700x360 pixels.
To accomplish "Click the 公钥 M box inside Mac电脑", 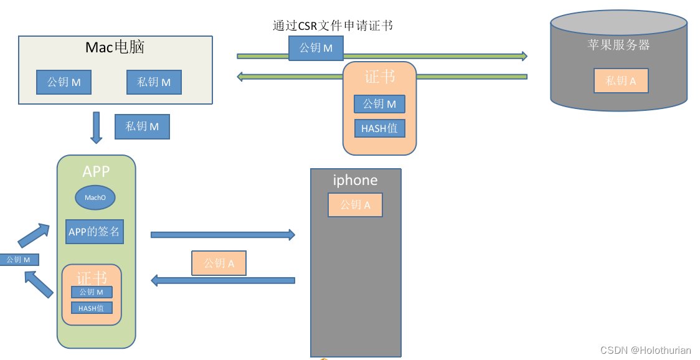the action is pos(64,82).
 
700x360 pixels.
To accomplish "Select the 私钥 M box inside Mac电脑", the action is pos(154,82).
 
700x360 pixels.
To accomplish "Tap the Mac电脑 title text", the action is pos(115,47).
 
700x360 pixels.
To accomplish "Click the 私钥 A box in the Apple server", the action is pos(620,81).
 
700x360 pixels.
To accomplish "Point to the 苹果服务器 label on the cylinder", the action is pos(618,45).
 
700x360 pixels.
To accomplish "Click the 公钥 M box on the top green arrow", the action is pos(316,48).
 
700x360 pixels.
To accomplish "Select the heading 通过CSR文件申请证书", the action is pos(333,26).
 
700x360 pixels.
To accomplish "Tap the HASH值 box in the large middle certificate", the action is pos(379,128).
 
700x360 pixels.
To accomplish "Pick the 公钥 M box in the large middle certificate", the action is pos(379,104).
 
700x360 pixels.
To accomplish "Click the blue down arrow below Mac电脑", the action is pos(96,128).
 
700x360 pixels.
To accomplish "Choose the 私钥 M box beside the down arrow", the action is pos(142,126).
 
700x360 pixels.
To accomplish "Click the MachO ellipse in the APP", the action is pos(95,197).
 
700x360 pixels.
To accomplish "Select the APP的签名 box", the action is pos(94,231).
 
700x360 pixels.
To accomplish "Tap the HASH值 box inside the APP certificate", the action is pos(92,308).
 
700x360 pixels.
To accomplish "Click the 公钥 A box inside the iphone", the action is pos(356,205).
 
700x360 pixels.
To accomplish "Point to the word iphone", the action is pos(356,180).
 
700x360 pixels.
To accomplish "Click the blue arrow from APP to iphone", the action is pos(223,234).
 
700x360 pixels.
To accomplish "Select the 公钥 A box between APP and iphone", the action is pos(219,263).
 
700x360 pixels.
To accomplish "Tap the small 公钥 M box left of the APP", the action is pos(19,260).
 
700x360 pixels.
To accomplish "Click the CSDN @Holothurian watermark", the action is pos(646,350).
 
